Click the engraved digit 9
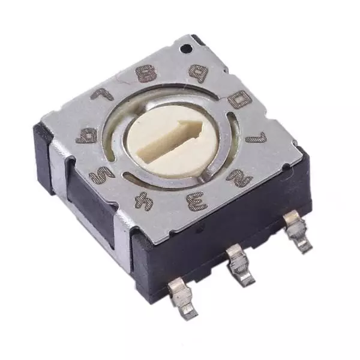[197, 72]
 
